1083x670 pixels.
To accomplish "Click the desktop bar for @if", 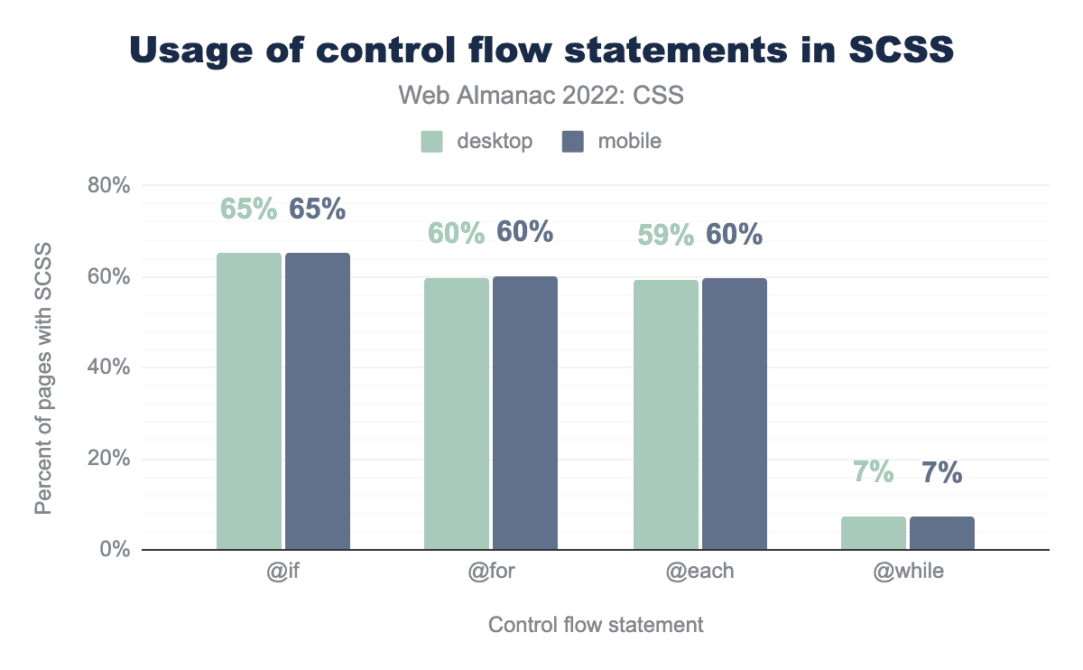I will pyautogui.click(x=248, y=401).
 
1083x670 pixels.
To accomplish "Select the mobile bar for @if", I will pyautogui.click(x=318, y=401).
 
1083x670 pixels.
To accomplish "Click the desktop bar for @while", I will pyautogui.click(x=874, y=533).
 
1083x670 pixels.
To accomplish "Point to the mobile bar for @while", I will pyautogui.click(x=942, y=533).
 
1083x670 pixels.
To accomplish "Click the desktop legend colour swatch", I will pyautogui.click(x=431, y=142).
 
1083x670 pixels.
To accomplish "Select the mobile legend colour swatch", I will pyautogui.click(x=572, y=142).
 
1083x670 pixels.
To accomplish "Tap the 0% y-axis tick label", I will pyautogui.click(x=116, y=550).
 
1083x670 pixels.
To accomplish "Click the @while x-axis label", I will pyautogui.click(x=908, y=572).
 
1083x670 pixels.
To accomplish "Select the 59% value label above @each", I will pyautogui.click(x=666, y=235).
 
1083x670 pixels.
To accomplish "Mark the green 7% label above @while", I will pyautogui.click(x=873, y=471).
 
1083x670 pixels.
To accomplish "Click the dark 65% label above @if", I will pyautogui.click(x=318, y=209).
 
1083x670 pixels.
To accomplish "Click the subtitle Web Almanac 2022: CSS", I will pyautogui.click(x=541, y=96).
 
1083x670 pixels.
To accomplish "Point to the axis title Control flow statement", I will pyautogui.click(x=596, y=625).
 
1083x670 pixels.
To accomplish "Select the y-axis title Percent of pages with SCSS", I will pyautogui.click(x=43, y=379).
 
